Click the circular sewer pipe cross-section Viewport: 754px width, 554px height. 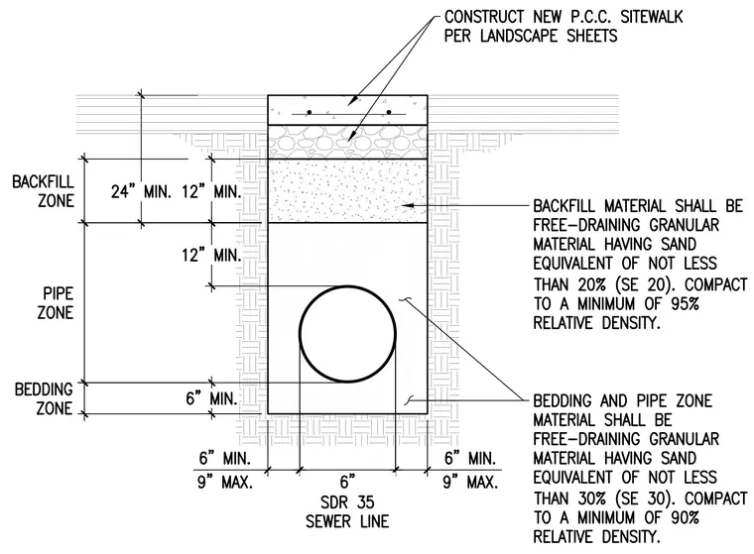(300, 334)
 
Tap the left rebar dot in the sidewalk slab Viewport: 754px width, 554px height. (310, 112)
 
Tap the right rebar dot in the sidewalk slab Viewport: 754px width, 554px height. (389, 112)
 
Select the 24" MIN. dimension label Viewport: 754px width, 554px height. (141, 192)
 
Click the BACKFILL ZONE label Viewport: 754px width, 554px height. (44, 191)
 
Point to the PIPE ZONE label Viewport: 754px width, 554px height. (56, 303)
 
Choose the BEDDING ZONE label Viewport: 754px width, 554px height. (44, 398)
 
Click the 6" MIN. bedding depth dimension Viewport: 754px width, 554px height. (211, 398)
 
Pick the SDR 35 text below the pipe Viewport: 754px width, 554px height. (347, 502)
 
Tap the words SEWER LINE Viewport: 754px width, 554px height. (347, 522)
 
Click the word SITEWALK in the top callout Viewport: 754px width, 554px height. (651, 17)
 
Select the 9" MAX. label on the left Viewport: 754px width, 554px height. (225, 482)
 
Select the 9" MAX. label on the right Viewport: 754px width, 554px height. (470, 482)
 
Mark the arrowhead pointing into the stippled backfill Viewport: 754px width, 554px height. (408, 205)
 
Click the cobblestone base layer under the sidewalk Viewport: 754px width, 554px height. (347, 142)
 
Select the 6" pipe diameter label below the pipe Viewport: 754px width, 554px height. (347, 481)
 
